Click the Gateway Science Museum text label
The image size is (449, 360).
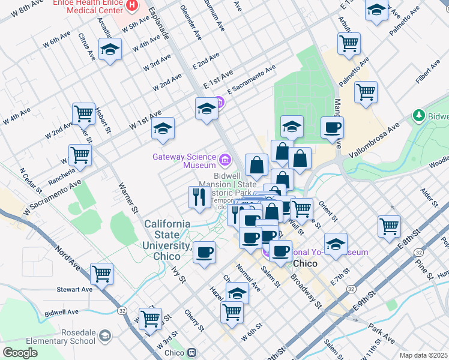pyautogui.click(x=184, y=161)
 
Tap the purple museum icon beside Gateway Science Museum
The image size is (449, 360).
pyautogui.click(x=225, y=160)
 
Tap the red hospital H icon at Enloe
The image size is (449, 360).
pyautogui.click(x=133, y=5)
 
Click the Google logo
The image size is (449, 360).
pyautogui.click(x=20, y=353)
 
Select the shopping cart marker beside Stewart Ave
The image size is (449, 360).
pyautogui.click(x=101, y=274)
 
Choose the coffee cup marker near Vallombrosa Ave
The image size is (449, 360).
pyautogui.click(x=331, y=127)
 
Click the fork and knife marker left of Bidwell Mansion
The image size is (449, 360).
pyautogui.click(x=199, y=196)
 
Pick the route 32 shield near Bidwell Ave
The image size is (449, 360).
pyautogui.click(x=122, y=310)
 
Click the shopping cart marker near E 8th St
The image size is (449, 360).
pyautogui.click(x=389, y=226)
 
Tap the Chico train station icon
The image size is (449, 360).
pyautogui.click(x=192, y=353)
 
